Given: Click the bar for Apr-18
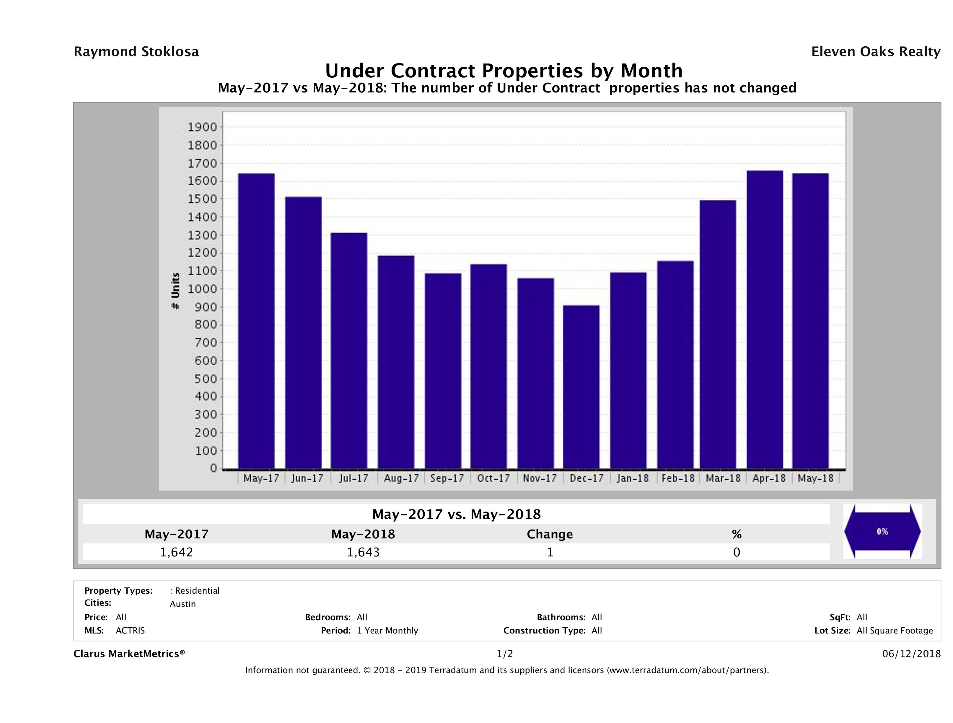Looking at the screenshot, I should click(765, 319).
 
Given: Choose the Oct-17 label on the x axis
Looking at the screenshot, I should click(493, 478).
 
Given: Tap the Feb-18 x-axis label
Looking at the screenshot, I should click(678, 478).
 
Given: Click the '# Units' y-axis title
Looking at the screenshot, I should click(175, 291).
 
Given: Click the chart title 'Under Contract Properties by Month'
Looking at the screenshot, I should click(504, 71).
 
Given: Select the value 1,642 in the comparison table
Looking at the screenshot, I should click(177, 552).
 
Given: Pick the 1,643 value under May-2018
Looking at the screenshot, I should click(363, 552).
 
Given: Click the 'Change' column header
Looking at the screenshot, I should click(550, 534).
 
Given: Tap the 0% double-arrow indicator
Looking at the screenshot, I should click(882, 532).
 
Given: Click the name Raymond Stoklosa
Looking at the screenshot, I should click(136, 52).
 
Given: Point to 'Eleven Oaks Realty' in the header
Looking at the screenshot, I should click(875, 52).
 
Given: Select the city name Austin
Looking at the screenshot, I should click(183, 604).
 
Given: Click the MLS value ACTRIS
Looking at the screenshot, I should click(130, 630).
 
